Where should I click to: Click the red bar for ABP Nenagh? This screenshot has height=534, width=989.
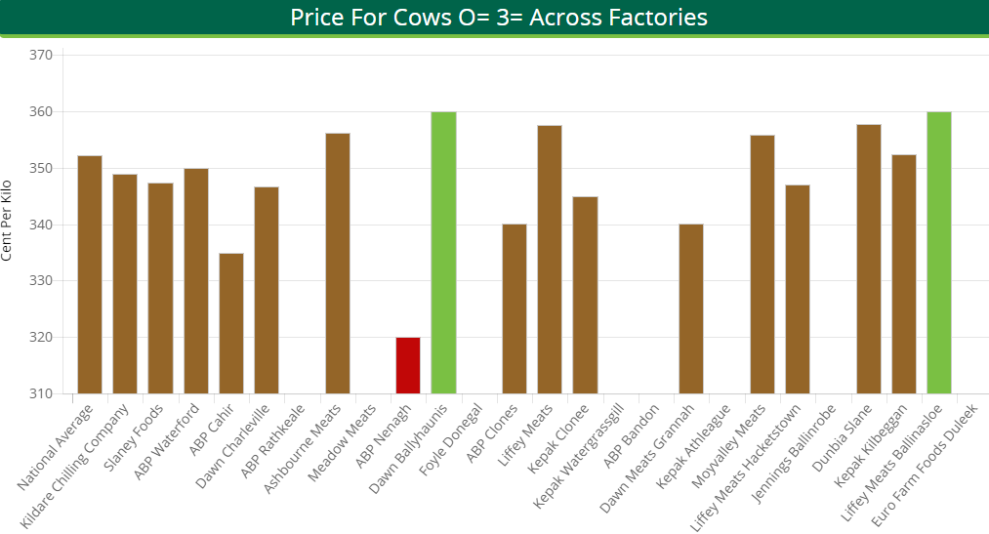pos(408,365)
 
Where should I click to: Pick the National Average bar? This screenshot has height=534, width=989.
pos(90,274)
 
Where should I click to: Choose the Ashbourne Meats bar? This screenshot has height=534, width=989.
pos(338,263)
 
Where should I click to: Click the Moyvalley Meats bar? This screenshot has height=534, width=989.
pos(762,264)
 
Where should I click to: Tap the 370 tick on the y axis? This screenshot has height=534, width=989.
pos(40,56)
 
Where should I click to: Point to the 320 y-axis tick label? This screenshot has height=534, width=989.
pos(40,338)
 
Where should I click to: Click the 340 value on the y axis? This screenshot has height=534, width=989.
pos(40,226)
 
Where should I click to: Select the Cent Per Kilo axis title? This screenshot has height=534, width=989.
pos(8,221)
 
